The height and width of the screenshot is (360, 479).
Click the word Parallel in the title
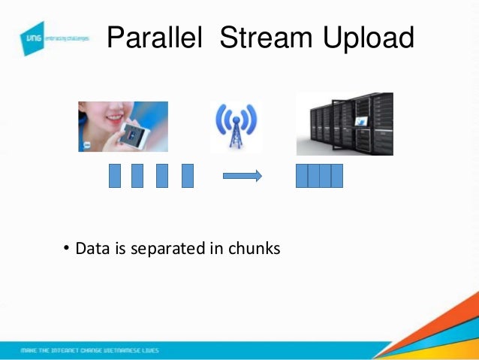pyautogui.click(x=155, y=38)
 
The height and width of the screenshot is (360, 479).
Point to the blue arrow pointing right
pyautogui.click(x=242, y=176)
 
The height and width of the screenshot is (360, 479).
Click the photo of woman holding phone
pyautogui.click(x=122, y=126)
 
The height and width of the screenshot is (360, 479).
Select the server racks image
pyautogui.click(x=345, y=124)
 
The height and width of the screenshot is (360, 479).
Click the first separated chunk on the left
pyautogui.click(x=115, y=175)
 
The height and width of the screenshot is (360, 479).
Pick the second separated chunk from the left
pyautogui.click(x=137, y=175)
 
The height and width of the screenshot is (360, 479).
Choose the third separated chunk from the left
pyautogui.click(x=162, y=175)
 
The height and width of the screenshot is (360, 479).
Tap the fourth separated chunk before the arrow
pyautogui.click(x=188, y=175)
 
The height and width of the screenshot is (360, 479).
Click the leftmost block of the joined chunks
pyautogui.click(x=302, y=175)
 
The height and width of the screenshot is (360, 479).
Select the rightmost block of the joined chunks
pyautogui.click(x=337, y=175)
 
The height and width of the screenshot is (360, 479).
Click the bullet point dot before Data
pyautogui.click(x=66, y=247)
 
